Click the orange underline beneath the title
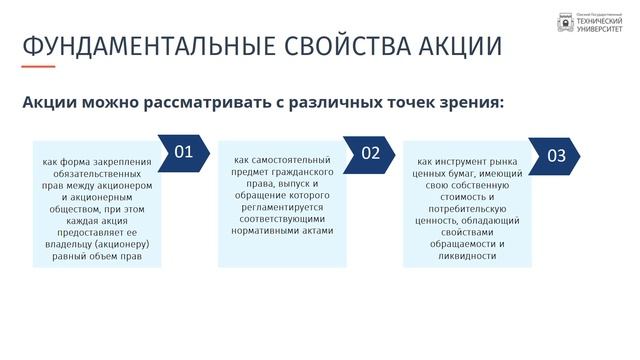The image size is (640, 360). coord(38,67)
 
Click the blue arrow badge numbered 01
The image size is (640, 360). coord(184,152)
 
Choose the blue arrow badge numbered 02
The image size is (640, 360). coord(371,153)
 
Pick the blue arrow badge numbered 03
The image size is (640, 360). coord(555,155)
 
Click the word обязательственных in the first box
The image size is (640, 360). coord(97,174)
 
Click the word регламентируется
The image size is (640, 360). coord(281,206)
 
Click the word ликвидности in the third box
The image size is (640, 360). coord(467,255)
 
